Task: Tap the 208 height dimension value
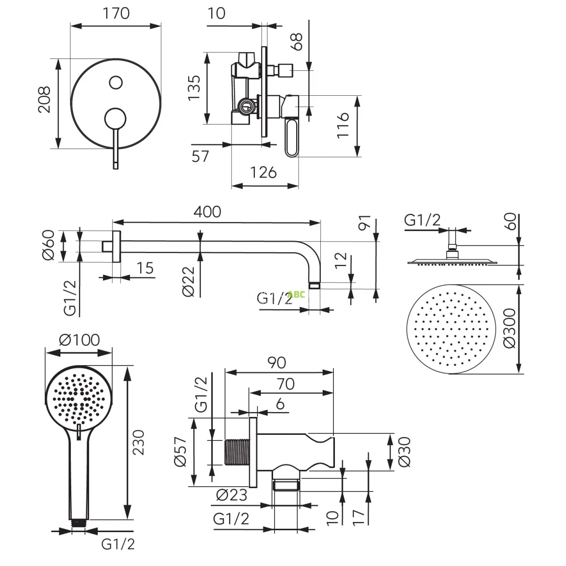[44, 100]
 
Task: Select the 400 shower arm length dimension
[208, 212]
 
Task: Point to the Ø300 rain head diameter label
[510, 328]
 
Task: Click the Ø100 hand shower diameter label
[80, 340]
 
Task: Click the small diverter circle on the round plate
[116, 83]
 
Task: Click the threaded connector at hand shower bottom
[79, 523]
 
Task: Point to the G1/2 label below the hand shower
[118, 544]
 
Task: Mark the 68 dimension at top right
[297, 42]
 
